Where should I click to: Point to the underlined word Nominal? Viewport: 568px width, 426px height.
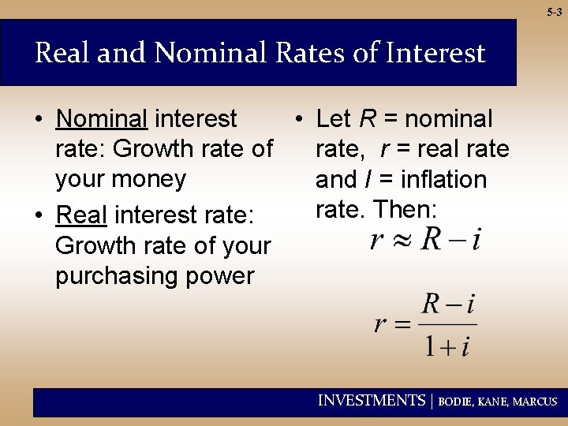click(102, 119)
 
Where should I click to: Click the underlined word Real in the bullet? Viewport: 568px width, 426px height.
click(81, 215)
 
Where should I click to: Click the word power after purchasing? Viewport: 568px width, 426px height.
click(224, 276)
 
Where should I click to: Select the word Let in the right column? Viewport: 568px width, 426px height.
click(333, 119)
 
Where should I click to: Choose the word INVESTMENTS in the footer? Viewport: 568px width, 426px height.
click(371, 401)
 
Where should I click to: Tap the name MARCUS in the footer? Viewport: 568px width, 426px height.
click(535, 402)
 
